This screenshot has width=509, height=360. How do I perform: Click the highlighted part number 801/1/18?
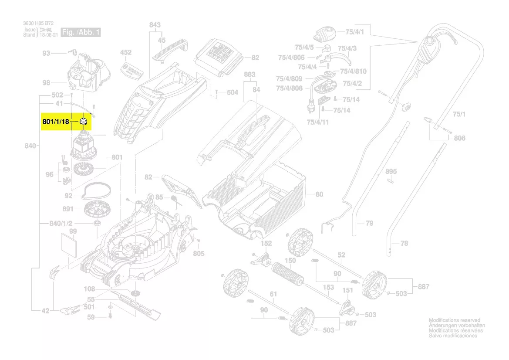click(x=56, y=122)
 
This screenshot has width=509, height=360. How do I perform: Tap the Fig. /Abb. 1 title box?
click(x=81, y=33)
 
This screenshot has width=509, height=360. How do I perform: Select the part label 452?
click(x=125, y=53)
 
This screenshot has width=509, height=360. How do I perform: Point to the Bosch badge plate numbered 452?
click(x=131, y=70)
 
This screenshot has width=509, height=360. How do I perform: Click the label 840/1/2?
click(x=61, y=224)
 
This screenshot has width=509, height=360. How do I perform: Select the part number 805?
click(x=199, y=253)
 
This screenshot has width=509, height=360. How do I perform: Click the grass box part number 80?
click(x=319, y=194)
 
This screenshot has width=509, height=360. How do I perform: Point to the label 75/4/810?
click(x=353, y=71)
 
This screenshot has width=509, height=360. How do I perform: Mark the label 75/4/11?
click(x=318, y=122)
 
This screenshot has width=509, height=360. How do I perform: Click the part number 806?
click(x=459, y=138)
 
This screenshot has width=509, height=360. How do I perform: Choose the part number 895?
click(x=391, y=171)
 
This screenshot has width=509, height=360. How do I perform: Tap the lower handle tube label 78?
click(x=404, y=244)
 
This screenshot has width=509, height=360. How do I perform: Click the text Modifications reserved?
click(x=454, y=320)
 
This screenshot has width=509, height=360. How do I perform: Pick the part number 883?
click(x=249, y=75)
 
